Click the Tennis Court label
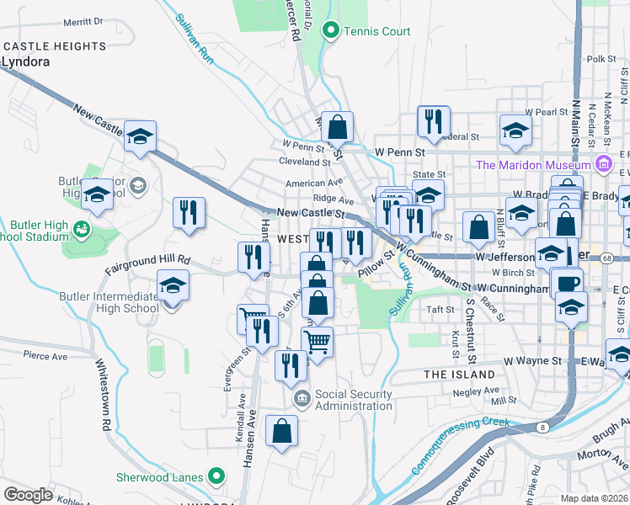378,32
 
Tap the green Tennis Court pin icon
331,32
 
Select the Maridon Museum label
533,165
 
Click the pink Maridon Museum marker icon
603,163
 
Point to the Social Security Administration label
355,400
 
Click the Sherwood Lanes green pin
216,476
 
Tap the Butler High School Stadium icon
82,228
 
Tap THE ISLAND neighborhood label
459,374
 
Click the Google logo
29,494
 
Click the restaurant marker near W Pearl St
434,120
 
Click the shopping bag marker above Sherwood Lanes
282,431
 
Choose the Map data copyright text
595,498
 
